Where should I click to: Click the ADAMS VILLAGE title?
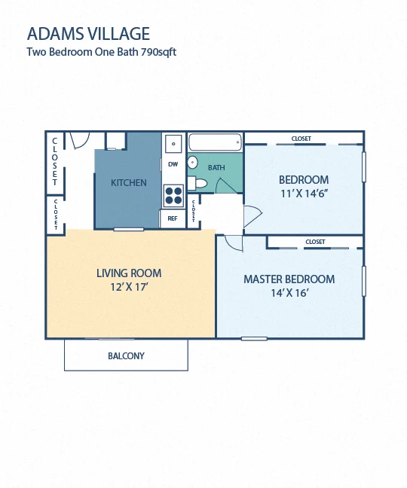click(88, 34)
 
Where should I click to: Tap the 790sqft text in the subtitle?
click(158, 52)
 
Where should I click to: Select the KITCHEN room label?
click(129, 183)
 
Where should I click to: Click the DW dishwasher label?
click(173, 164)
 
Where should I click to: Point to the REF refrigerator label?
click(172, 218)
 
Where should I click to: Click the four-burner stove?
click(174, 196)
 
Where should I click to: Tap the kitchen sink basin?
click(173, 144)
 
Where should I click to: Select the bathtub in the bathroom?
click(215, 142)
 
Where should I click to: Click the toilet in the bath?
click(198, 183)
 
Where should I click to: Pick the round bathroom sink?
click(192, 163)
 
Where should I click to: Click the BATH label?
click(216, 168)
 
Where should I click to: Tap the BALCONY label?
click(126, 355)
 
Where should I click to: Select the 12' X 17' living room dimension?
click(129, 287)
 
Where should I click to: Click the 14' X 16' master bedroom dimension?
click(289, 293)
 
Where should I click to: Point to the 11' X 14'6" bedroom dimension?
click(304, 194)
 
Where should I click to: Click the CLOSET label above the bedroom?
click(301, 139)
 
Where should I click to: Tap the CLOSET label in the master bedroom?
click(315, 242)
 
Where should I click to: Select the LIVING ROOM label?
click(129, 273)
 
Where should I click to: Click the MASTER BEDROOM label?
click(289, 279)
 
